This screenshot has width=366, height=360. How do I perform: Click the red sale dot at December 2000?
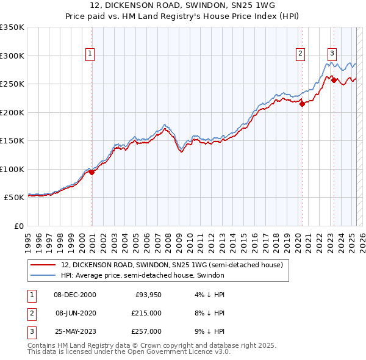coord(92,173)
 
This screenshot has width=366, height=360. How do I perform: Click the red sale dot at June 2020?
coord(302,104)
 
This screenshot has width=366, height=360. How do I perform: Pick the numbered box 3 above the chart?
coord(332,52)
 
